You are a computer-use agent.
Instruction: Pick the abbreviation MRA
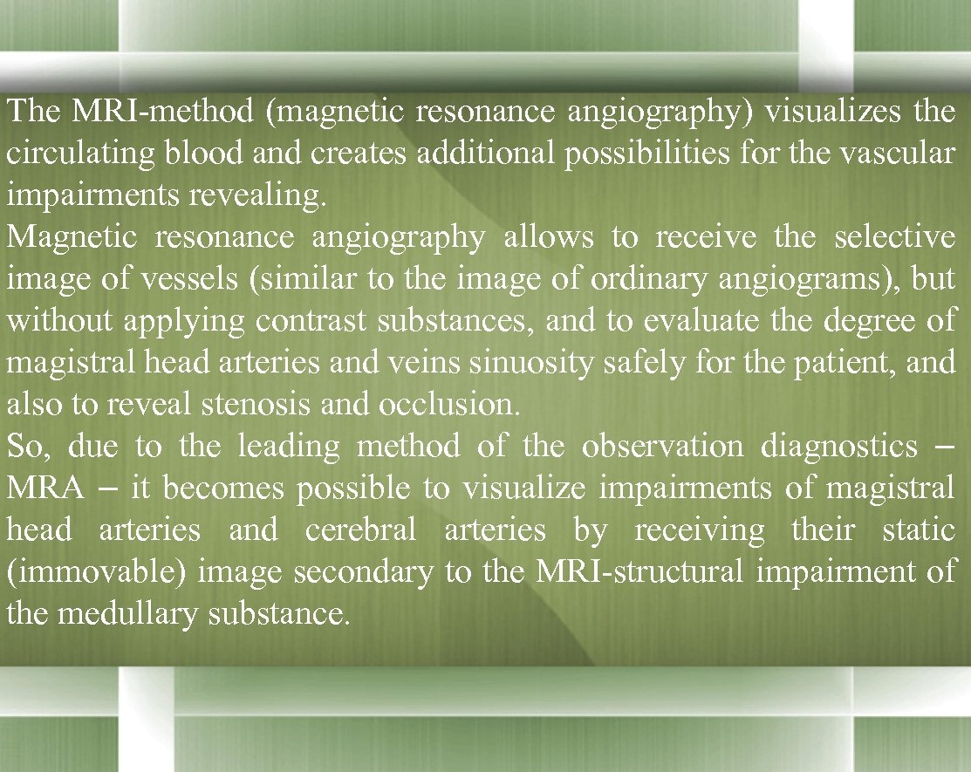pos(45,489)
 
